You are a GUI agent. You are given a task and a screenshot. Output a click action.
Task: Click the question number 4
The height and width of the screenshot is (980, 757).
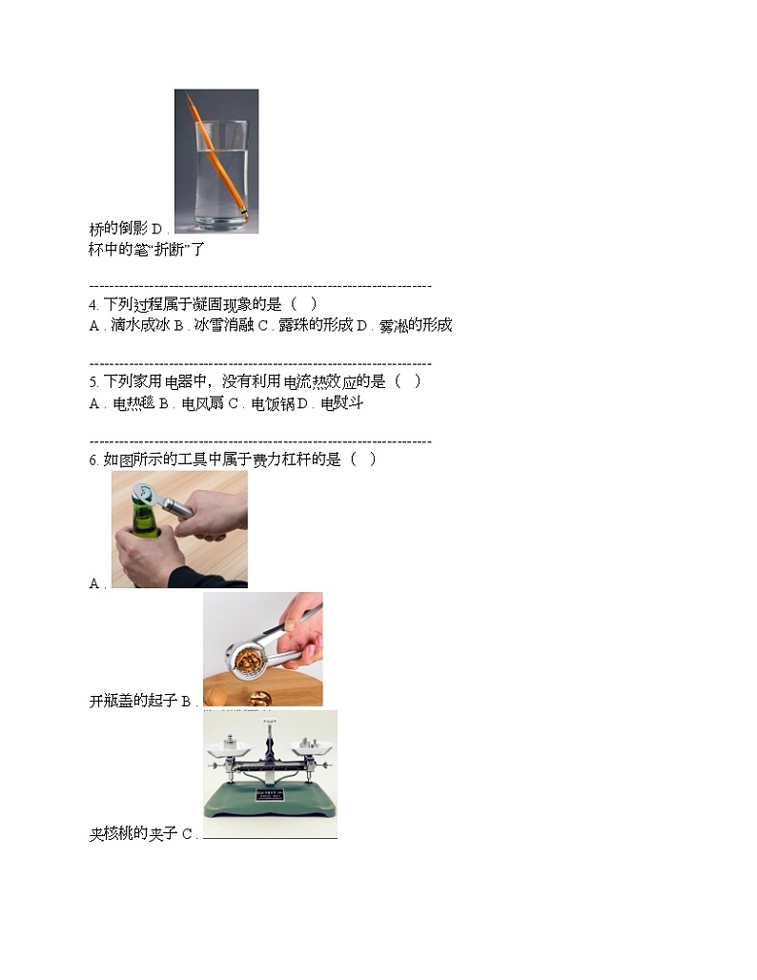pos(92,305)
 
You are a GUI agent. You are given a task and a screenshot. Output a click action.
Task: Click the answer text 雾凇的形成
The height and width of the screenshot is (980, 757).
pos(415,326)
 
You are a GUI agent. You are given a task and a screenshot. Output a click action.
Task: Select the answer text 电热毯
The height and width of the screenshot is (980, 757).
pos(133,404)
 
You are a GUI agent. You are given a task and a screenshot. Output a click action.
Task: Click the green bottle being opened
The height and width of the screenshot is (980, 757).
pos(143,534)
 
